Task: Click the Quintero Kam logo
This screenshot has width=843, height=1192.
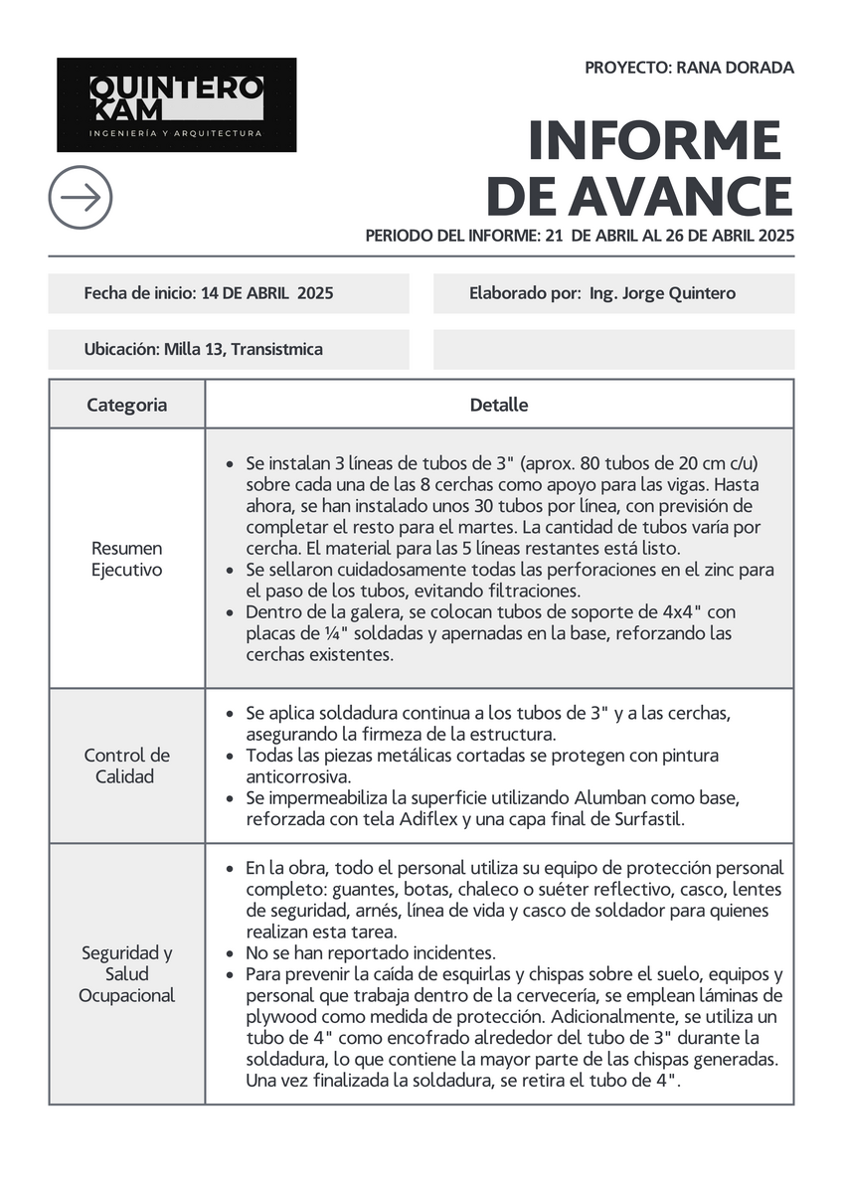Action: (176, 104)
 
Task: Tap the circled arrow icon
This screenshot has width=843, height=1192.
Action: (81, 197)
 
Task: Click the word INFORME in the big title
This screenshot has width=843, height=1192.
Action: (654, 140)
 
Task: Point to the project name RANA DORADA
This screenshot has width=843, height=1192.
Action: (735, 68)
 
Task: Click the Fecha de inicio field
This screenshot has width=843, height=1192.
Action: (208, 293)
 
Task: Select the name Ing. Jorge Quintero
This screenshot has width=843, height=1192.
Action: (662, 293)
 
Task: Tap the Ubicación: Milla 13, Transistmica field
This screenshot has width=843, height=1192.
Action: (203, 349)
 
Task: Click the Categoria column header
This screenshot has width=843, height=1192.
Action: (126, 405)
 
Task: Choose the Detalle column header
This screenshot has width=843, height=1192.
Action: (499, 405)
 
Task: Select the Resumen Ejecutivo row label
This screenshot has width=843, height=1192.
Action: (126, 559)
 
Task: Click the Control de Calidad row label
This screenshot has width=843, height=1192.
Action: (126, 766)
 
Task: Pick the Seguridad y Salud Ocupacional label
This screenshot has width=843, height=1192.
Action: (126, 973)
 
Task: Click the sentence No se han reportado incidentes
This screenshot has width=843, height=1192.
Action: (370, 952)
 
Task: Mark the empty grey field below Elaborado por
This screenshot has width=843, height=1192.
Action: (613, 349)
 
